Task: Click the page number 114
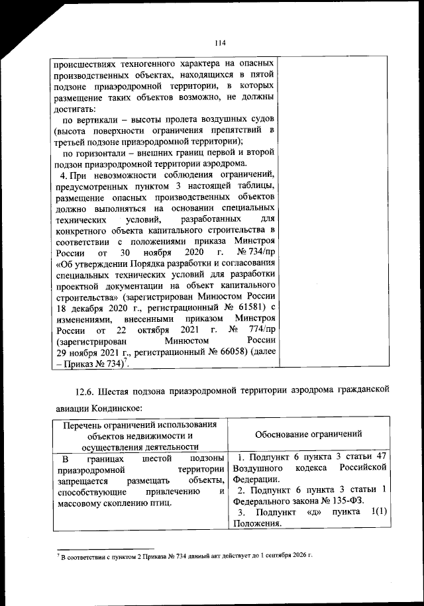221,43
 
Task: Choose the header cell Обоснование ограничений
309,434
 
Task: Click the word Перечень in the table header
81,424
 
